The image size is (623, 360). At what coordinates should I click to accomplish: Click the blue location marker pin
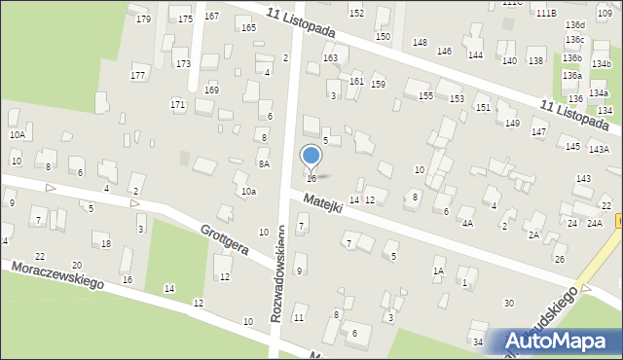311,157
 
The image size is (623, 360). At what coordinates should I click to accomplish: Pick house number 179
144,19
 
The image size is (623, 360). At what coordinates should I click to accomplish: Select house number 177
138,75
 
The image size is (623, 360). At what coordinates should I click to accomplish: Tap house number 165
249,27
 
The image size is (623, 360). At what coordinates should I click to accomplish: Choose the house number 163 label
331,58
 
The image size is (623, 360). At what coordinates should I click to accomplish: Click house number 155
425,95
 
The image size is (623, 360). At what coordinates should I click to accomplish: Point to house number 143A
599,149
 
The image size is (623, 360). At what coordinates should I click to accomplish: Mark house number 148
420,42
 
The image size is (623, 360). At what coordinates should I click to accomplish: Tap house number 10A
17,135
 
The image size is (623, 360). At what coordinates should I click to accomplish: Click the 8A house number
264,164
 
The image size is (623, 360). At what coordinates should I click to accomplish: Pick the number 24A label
595,223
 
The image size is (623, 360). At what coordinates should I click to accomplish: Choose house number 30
508,304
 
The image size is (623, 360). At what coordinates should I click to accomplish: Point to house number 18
106,243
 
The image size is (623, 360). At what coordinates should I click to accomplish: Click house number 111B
572,13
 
